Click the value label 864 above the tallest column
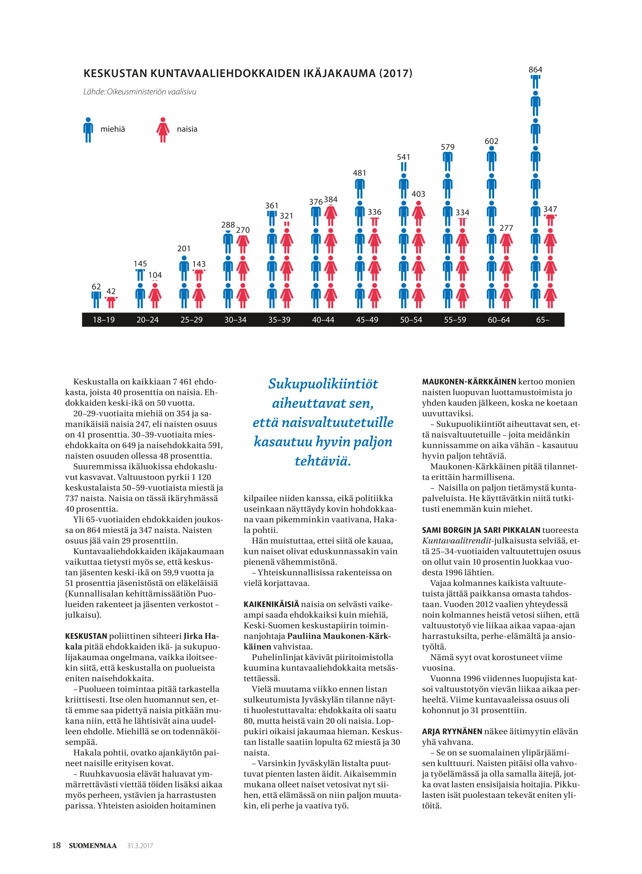535,70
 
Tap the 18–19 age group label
104,320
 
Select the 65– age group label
542,320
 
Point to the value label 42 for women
111,291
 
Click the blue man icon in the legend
88,130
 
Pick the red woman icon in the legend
163,130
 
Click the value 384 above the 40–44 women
331,200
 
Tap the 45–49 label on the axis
367,320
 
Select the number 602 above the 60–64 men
491,141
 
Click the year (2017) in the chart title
395,73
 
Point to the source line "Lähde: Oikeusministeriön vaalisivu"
140,91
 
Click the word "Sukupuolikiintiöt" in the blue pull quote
323,384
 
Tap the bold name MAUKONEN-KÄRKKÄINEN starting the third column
469,382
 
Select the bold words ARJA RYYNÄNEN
452,731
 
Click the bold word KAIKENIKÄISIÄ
271,605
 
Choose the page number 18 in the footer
56,845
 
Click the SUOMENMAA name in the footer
93,846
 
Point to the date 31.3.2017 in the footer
140,846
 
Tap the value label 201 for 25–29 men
184,249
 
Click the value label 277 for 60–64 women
506,228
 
